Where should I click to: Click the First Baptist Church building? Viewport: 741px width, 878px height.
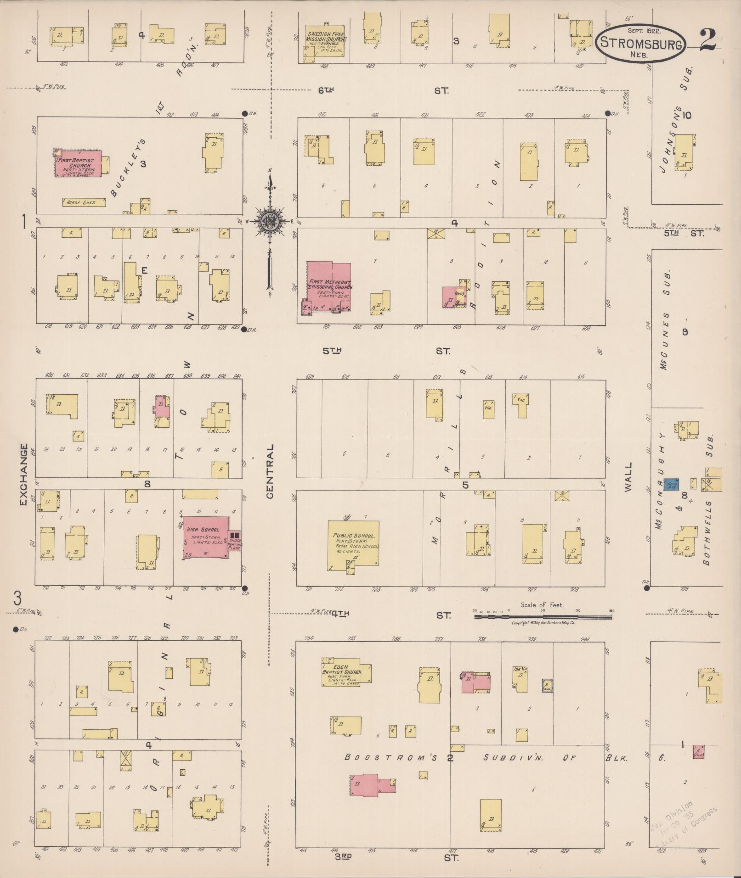(x=79, y=163)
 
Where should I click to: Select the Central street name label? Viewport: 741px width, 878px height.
(x=270, y=471)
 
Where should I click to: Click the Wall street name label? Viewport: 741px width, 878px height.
(x=628, y=477)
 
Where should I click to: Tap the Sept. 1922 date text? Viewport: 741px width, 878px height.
(x=644, y=31)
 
